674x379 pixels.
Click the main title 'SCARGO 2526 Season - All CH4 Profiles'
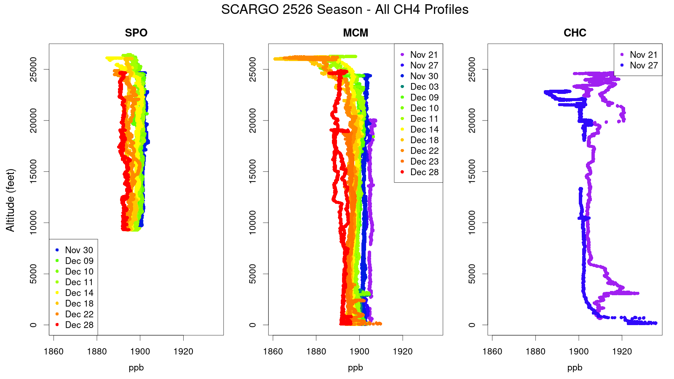[345, 9]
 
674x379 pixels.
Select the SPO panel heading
[136, 33]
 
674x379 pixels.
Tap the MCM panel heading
[356, 33]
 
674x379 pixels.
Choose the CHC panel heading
[575, 33]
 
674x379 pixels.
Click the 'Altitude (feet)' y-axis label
[11, 200]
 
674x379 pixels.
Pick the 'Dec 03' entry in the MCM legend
[424, 87]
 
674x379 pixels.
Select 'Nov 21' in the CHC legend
[643, 55]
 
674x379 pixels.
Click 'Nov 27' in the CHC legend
[643, 65]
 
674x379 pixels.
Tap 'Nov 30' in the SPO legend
[79, 250]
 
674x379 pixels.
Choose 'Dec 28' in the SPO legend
[79, 325]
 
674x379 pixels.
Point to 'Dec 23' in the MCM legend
[424, 161]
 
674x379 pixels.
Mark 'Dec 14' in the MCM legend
[424, 129]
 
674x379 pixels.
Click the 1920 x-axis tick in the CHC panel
[622, 352]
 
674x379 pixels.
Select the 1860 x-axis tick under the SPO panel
[53, 352]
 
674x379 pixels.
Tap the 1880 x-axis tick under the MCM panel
[316, 352]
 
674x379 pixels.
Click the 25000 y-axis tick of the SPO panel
[33, 69]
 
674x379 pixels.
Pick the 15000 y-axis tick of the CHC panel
[472, 171]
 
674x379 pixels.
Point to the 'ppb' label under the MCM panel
[356, 368]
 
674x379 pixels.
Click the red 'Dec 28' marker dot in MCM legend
[402, 172]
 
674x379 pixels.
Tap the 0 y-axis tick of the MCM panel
[252, 325]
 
